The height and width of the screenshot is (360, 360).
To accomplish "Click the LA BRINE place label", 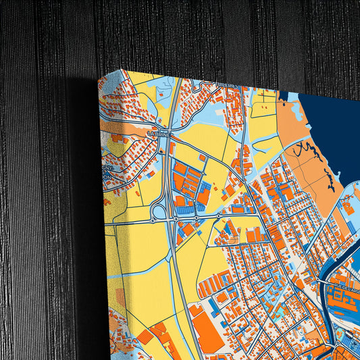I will point(160,134).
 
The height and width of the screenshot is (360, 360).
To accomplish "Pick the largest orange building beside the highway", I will point(207,326).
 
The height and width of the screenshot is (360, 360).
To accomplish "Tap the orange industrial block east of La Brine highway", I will point(190,183).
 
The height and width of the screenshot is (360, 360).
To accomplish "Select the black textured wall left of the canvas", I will point(41,203).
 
